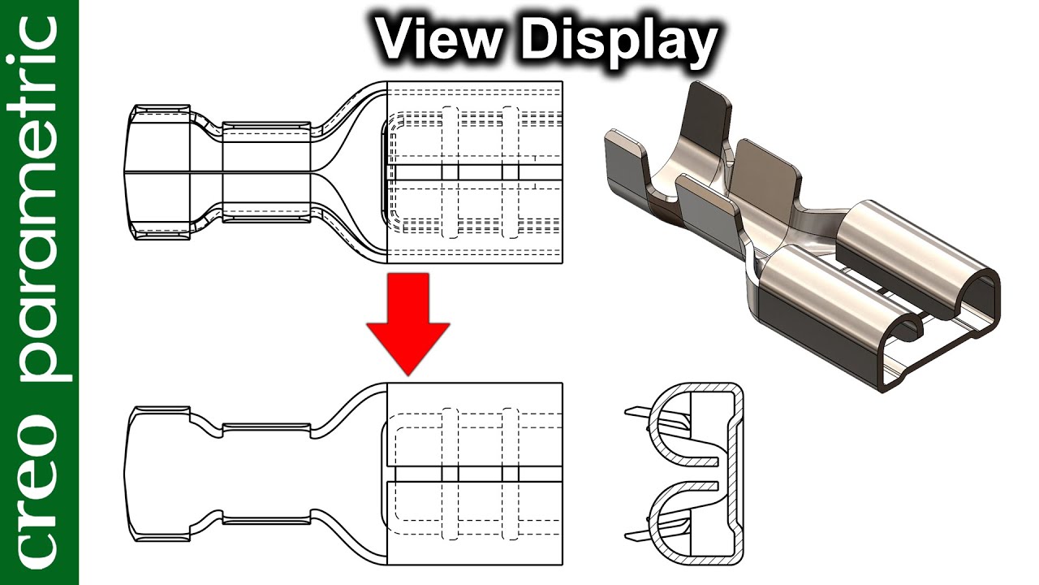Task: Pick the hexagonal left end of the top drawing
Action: coord(157,173)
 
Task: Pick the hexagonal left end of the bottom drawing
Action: coord(157,474)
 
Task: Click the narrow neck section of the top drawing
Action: coord(266,173)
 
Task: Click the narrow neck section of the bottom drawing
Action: coord(266,474)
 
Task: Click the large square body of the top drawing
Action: coord(475,173)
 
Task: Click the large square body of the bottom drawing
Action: coord(475,474)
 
